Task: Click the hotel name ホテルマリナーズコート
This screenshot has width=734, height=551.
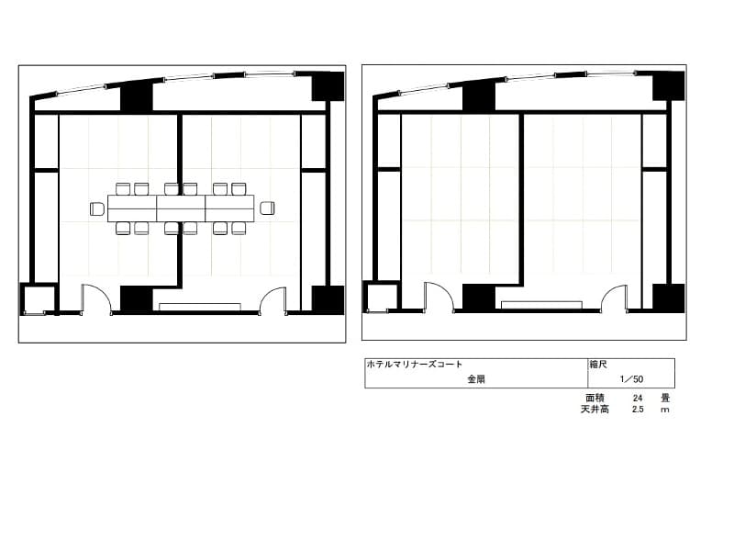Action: point(415,364)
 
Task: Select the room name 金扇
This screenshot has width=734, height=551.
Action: point(476,379)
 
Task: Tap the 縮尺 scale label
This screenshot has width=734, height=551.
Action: point(598,364)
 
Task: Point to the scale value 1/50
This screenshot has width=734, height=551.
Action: point(631,379)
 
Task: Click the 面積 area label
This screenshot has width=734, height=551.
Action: point(595,398)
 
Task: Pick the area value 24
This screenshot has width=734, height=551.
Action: point(638,399)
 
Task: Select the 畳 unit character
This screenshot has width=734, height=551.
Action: point(665,398)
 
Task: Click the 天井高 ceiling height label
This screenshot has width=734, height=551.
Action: point(595,409)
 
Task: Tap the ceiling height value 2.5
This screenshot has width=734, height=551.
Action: point(638,410)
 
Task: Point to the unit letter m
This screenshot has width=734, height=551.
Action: point(664,410)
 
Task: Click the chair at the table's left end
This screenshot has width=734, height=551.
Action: point(97,208)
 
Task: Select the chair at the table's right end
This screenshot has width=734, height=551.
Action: point(267,208)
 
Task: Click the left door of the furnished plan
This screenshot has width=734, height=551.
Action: point(97,298)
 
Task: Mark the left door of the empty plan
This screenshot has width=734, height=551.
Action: point(439,296)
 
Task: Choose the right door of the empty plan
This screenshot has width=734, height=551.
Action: point(614,298)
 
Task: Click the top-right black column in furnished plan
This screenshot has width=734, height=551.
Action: point(328,86)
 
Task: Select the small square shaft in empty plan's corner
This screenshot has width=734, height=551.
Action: point(382,297)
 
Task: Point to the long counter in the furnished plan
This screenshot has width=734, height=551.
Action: point(200,307)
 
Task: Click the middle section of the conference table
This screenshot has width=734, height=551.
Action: point(181,208)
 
